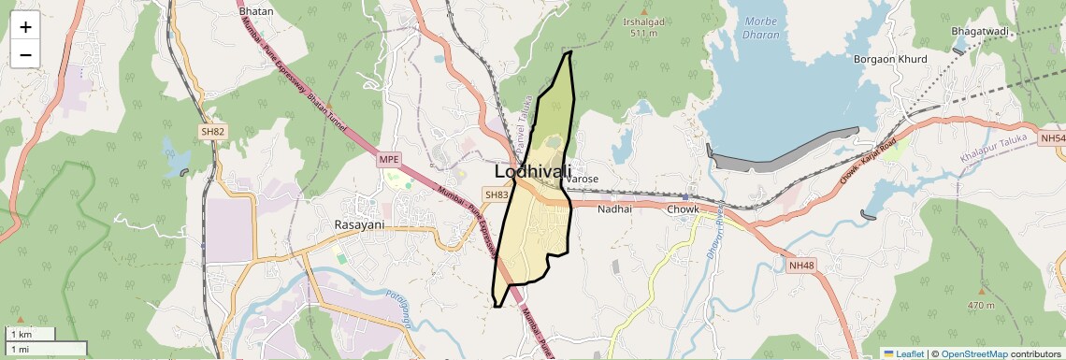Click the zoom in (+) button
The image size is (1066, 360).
click(25, 26)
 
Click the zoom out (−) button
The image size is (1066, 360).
click(25, 54)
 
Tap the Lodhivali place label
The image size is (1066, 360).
click(532, 172)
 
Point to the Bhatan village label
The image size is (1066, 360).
click(256, 11)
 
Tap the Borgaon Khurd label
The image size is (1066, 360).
click(890, 60)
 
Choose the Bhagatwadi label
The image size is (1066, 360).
click(981, 32)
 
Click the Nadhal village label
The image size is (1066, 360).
click(615, 209)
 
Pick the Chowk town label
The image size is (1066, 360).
click(683, 209)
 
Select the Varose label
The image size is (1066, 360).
click(582, 179)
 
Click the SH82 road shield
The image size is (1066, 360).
click(212, 132)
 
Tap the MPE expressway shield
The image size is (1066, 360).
click(388, 160)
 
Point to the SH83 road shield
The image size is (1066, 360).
click(497, 194)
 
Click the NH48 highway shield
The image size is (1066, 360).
click(801, 266)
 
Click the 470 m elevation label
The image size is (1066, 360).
click(981, 306)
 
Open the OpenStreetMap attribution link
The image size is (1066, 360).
click(974, 353)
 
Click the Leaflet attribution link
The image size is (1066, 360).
click(904, 353)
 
